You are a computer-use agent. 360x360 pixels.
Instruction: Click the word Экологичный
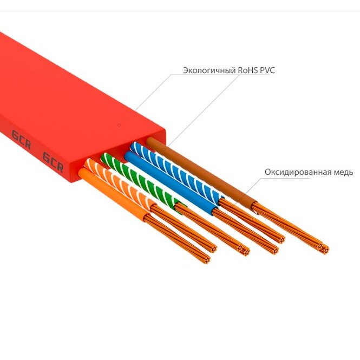click(209, 70)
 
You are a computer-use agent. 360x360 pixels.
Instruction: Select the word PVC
click(267, 70)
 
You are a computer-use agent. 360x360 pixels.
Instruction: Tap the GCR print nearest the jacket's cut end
click(53, 162)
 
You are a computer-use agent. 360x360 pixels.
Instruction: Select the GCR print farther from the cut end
click(21, 139)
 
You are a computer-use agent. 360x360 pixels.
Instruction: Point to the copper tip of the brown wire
click(324, 248)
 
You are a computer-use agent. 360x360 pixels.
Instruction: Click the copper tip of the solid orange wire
click(206, 259)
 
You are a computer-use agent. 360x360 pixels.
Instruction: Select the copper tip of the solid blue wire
click(274, 250)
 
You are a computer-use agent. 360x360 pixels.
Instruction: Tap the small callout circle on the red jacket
click(119, 125)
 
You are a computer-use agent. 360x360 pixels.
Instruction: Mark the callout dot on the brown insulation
click(163, 149)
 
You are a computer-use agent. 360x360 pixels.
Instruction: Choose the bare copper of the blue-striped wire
click(252, 221)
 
